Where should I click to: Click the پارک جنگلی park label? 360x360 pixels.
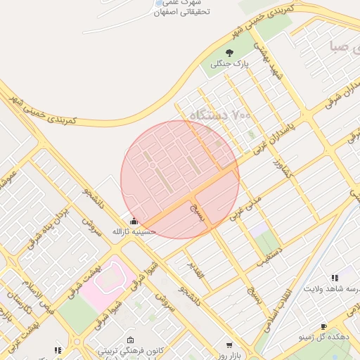click(x=230, y=65)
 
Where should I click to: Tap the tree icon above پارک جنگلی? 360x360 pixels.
click(x=229, y=53)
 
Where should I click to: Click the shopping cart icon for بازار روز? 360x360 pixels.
click(x=229, y=345)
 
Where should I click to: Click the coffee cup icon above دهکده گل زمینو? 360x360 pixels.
click(x=323, y=326)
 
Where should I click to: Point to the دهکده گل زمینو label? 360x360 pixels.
click(x=323, y=337)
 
